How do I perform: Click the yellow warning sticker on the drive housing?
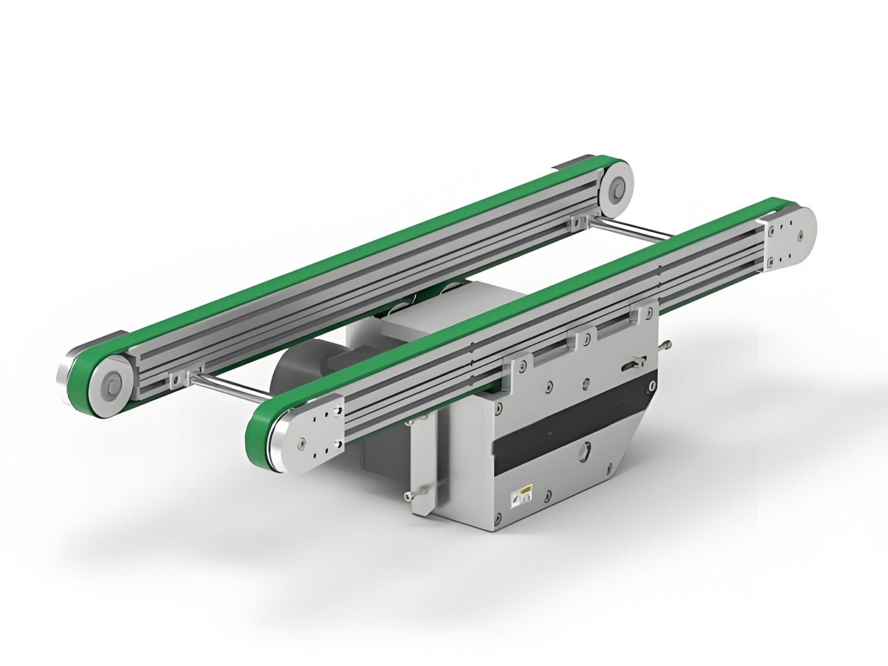tap(524, 491)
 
